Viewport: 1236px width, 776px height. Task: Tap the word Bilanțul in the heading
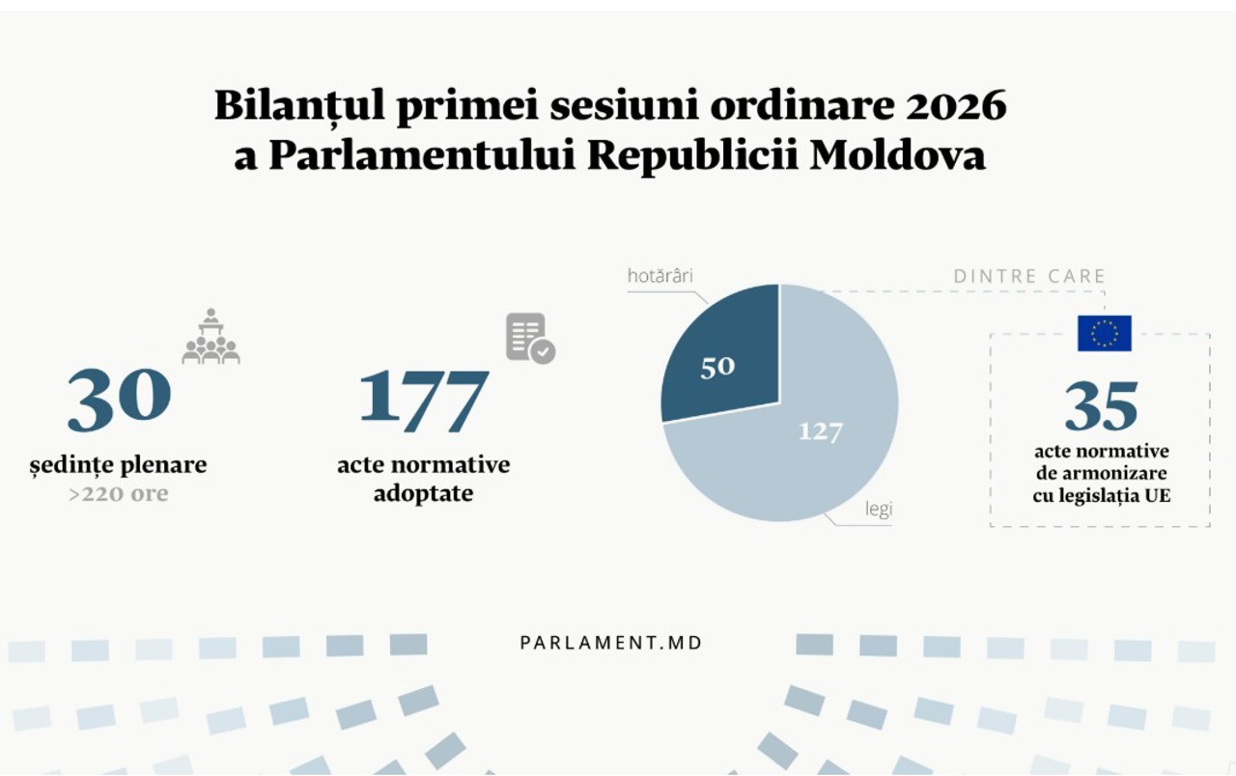[299, 106]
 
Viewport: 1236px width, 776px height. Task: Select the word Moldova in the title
[898, 155]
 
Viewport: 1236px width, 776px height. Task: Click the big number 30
[119, 400]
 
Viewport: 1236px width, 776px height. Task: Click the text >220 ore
[119, 493]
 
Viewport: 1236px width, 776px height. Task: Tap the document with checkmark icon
[530, 338]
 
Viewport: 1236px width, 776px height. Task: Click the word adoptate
[423, 493]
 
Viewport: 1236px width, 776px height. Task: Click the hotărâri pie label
[660, 276]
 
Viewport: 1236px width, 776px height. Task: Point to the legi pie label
[879, 509]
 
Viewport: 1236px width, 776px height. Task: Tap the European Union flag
[1105, 333]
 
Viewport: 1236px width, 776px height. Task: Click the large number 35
[1102, 406]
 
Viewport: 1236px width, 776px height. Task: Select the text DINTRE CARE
[1029, 276]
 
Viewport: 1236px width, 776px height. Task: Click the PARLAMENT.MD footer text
[611, 643]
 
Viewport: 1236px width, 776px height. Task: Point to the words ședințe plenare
[118, 465]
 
